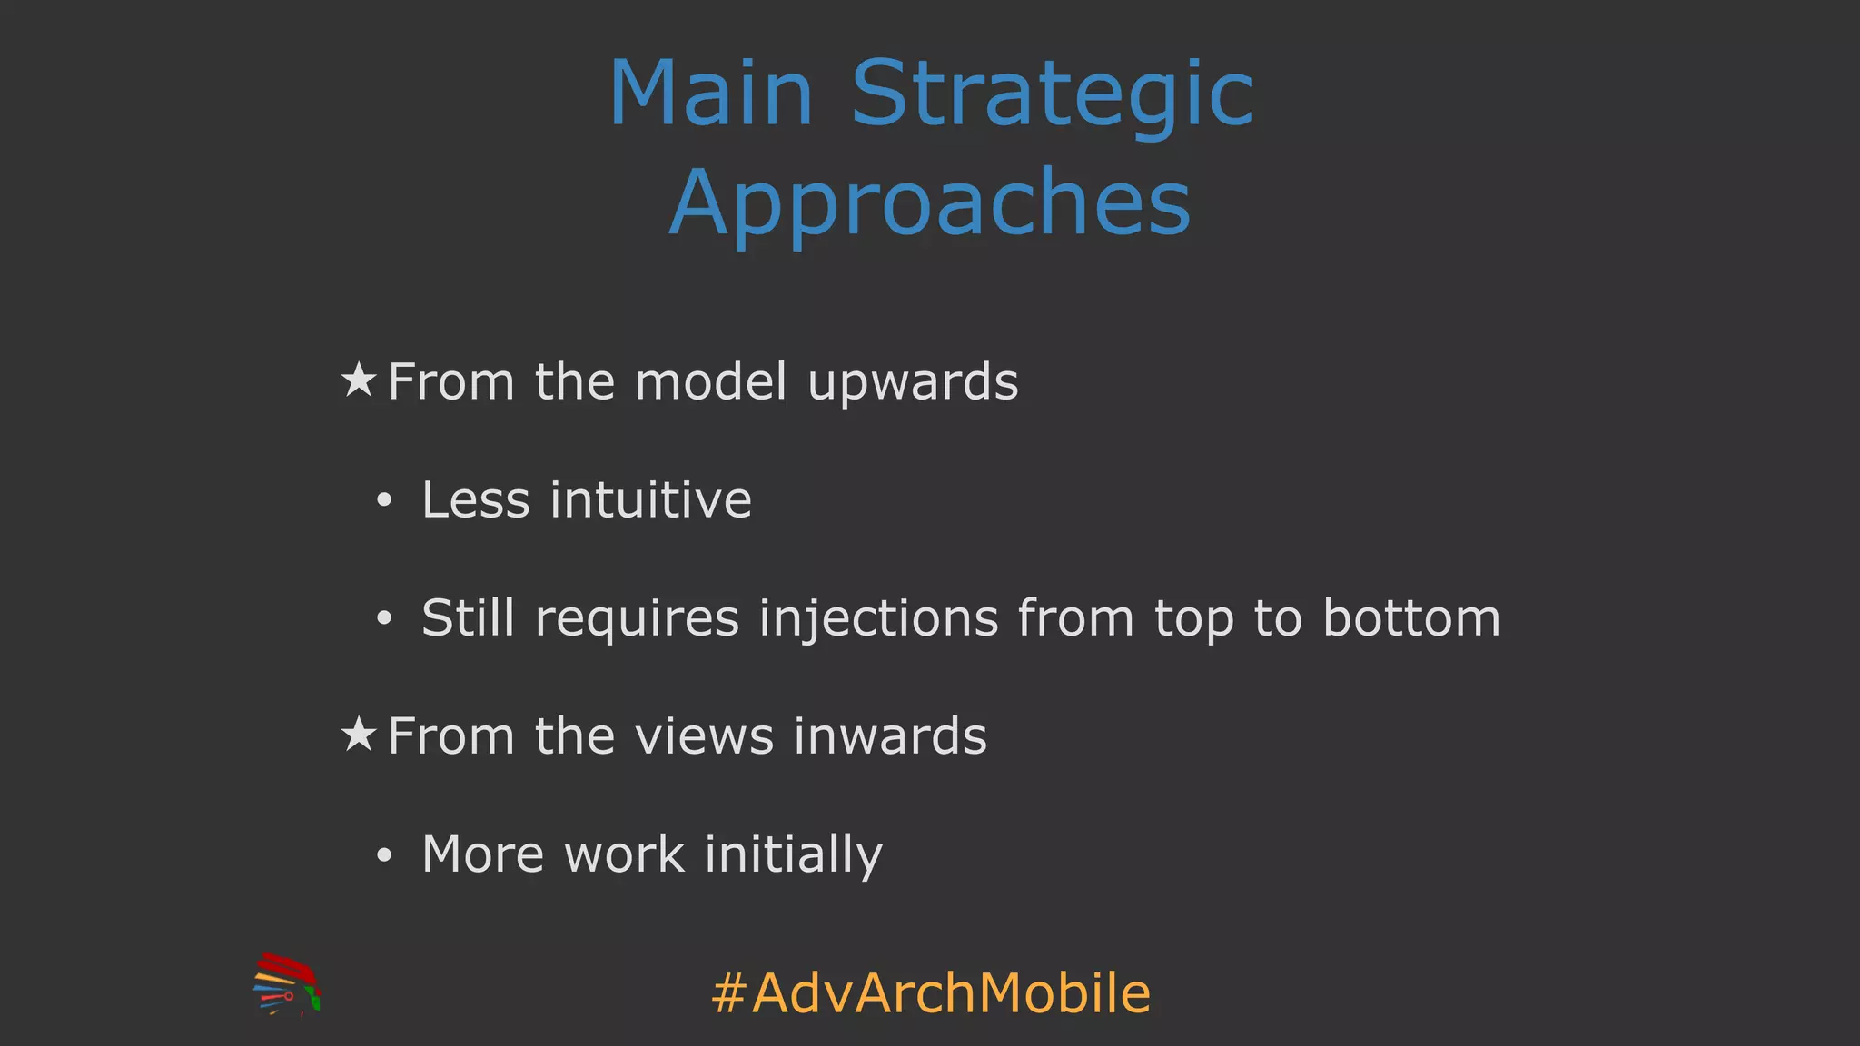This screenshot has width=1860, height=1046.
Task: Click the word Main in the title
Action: point(711,93)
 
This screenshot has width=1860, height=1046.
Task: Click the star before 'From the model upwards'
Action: point(359,380)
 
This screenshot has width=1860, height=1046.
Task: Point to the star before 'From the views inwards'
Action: point(359,735)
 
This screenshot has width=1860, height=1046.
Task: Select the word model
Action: point(710,381)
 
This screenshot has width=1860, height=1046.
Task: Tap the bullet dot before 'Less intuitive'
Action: point(384,500)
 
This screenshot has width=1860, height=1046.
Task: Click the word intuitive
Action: point(650,499)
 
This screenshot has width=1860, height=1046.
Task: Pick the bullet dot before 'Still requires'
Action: point(384,618)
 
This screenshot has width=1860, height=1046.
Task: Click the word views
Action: point(704,735)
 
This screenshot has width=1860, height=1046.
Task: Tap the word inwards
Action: point(890,735)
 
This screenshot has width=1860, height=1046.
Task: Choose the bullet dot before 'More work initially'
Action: point(384,854)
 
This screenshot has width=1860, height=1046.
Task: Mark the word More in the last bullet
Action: point(482,854)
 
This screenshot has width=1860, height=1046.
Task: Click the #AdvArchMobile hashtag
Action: point(930,992)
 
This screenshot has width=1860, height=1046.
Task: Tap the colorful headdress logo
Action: point(286,984)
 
